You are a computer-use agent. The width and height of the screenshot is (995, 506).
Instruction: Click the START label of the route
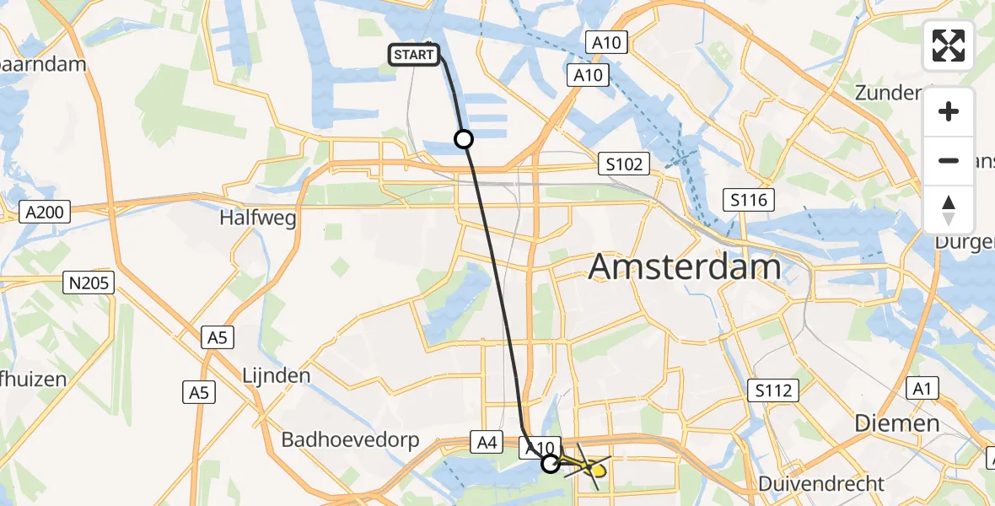tap(414, 56)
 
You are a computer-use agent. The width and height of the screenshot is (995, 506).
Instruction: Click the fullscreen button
tap(949, 46)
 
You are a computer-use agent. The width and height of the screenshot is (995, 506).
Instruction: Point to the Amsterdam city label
tap(686, 267)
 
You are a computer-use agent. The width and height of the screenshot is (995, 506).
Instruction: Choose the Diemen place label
tap(897, 423)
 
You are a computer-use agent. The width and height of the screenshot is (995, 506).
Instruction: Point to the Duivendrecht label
tap(822, 484)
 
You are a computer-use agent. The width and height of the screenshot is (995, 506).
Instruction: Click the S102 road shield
tap(624, 164)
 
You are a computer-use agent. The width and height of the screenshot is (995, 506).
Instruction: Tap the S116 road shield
tap(750, 200)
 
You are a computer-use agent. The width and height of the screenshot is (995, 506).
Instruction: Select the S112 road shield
tap(772, 390)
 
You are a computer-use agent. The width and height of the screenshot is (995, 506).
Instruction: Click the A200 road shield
tap(46, 213)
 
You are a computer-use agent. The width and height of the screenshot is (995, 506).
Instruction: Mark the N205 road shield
tap(89, 283)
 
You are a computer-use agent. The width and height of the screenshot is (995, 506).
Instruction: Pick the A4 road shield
tap(487, 440)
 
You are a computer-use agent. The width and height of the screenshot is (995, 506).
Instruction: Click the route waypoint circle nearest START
tap(463, 139)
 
